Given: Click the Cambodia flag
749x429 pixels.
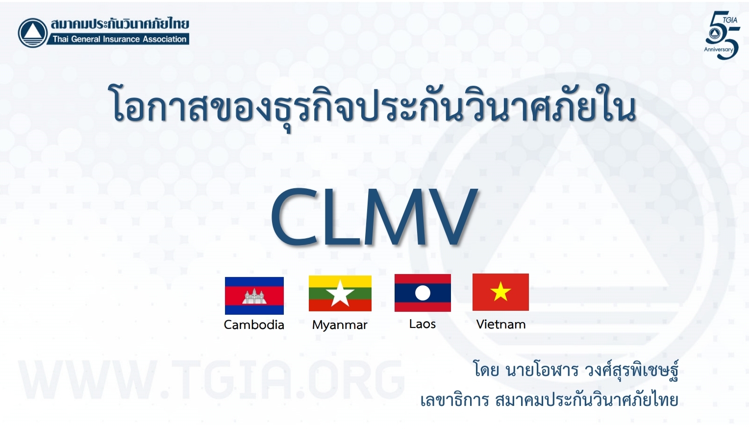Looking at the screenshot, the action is tap(254, 296).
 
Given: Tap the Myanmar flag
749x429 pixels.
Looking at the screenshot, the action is tap(340, 293).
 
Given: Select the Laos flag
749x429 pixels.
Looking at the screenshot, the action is tap(423, 293).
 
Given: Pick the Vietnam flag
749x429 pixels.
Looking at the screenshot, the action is tap(500, 292).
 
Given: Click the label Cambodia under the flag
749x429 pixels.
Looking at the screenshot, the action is tap(254, 325).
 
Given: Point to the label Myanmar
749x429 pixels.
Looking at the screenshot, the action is tap(340, 325).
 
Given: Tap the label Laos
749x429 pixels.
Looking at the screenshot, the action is tap(423, 324).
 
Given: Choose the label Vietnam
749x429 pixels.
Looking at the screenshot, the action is tap(501, 324).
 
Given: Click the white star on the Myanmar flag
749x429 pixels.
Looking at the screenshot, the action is tap(340, 294).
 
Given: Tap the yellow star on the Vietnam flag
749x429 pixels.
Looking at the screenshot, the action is tap(500, 292).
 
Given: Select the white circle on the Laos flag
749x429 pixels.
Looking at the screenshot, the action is tap(423, 293).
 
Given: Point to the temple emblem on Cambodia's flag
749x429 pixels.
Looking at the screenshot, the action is tap(254, 297).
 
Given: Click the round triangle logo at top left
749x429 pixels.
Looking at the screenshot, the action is tap(33, 33).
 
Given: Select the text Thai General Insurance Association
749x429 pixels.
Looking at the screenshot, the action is tap(120, 39).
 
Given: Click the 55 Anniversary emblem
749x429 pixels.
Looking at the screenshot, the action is tap(722, 35).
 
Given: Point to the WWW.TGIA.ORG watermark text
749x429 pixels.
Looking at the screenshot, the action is tap(211, 379).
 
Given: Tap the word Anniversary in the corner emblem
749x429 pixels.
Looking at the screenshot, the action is tap(719, 50).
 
